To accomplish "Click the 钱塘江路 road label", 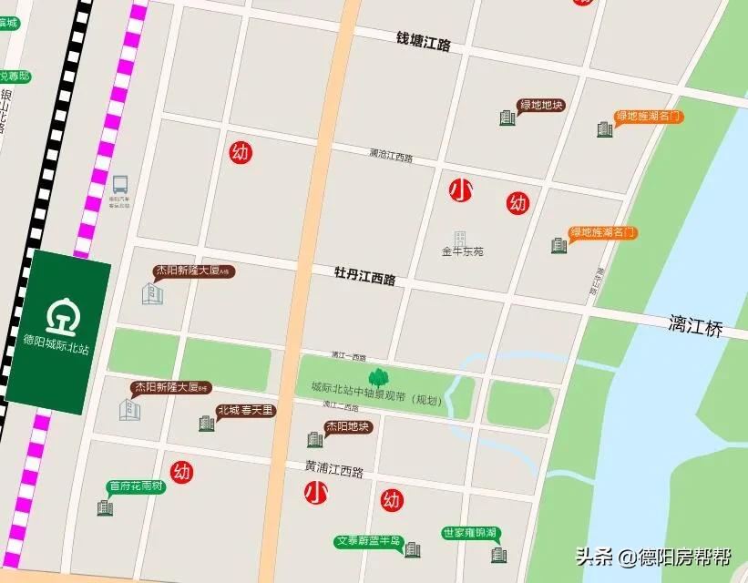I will click(423, 41).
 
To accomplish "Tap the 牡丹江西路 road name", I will click(364, 276).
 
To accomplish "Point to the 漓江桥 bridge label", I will click(695, 326).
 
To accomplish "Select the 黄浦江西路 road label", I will click(333, 471).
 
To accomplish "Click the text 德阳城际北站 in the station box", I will click(56, 349).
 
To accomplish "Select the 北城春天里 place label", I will click(245, 410).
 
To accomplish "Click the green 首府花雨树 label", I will click(136, 486).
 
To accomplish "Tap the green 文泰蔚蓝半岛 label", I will click(368, 540).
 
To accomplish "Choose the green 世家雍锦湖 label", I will click(469, 532).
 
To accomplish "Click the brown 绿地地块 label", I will click(541, 105).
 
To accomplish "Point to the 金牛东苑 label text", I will click(462, 251).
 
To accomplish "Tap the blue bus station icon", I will click(120, 184).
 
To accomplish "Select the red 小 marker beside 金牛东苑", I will click(461, 190).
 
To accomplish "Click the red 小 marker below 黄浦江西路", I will click(315, 493).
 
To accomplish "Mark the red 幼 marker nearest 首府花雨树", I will click(182, 472).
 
